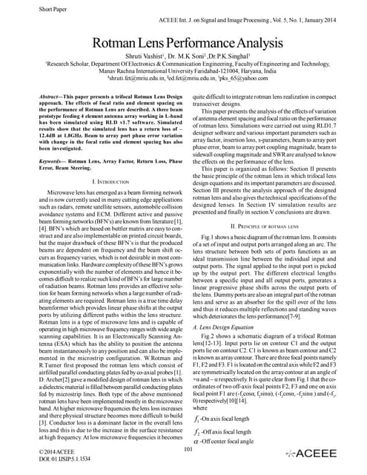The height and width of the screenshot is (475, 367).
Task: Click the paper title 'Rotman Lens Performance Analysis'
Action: click(183, 43)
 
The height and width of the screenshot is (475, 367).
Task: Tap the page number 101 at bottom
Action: click(187, 449)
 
